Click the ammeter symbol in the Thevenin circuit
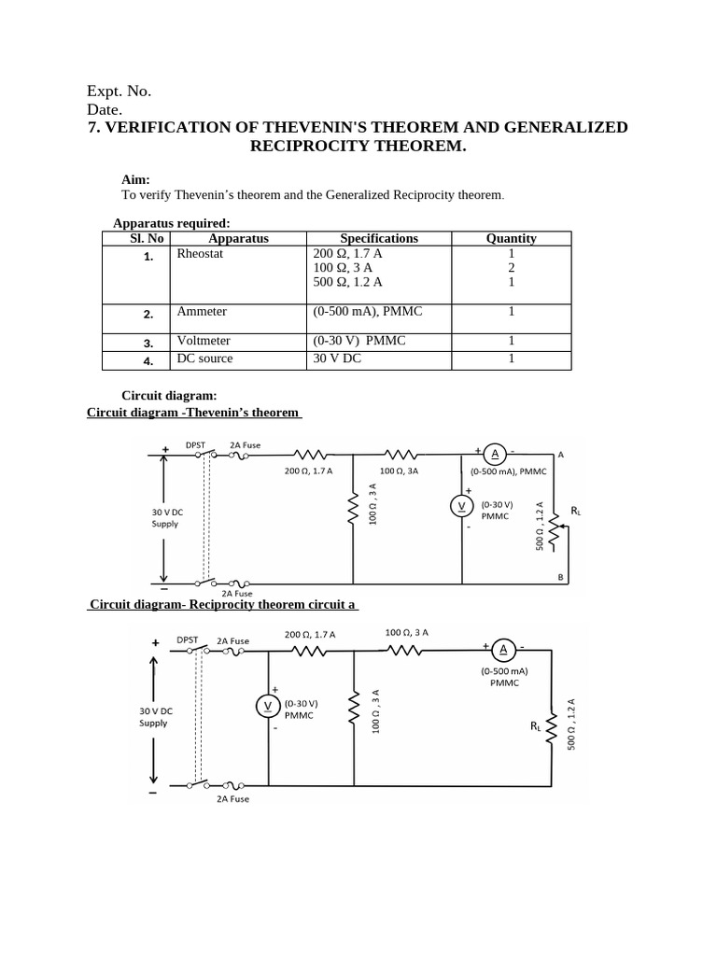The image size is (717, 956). [x=494, y=454]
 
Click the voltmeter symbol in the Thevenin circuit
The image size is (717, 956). [x=459, y=506]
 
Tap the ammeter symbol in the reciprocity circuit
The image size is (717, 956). [x=502, y=650]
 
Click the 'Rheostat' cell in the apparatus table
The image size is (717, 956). [x=201, y=253]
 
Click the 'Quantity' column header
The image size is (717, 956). [x=511, y=238]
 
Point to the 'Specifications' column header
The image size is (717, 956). [x=379, y=238]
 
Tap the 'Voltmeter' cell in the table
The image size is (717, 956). [x=204, y=341]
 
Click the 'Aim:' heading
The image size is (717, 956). [x=135, y=179]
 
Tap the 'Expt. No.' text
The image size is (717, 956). [x=119, y=91]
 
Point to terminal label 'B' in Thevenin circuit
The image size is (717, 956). [x=561, y=578]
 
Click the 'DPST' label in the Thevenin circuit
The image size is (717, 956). [x=196, y=445]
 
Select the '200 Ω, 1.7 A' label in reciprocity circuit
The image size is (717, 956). [x=310, y=635]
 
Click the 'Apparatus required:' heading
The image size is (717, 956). [x=171, y=222]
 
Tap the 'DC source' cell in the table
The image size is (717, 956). [x=205, y=358]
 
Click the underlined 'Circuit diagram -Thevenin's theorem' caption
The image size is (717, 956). [x=193, y=413]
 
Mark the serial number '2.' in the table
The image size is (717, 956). [x=148, y=315]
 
